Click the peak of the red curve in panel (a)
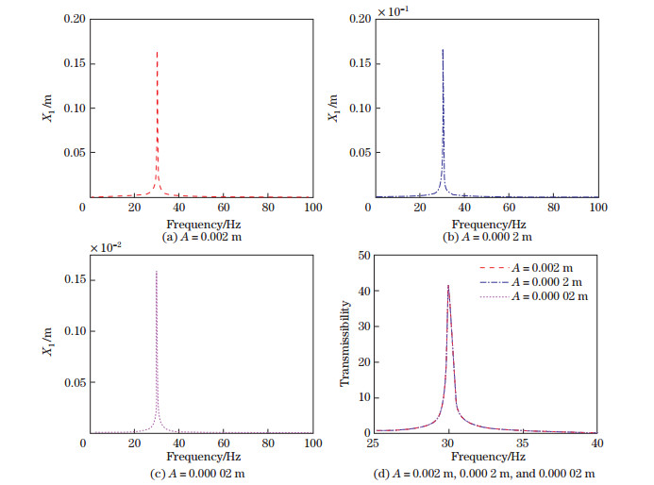157,52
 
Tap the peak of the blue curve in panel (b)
443,50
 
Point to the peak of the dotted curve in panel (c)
156,272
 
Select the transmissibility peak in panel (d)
448,286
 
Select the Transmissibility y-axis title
345,343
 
